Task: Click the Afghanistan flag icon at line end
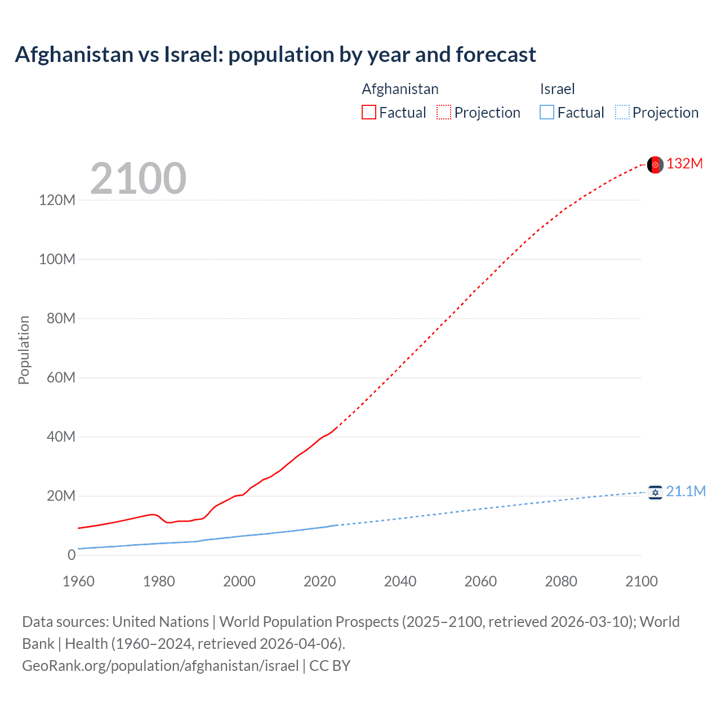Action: (655, 164)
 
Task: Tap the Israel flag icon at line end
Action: (655, 492)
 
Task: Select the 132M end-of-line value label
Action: (684, 164)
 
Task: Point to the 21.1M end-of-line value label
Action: (686, 492)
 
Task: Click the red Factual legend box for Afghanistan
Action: (368, 112)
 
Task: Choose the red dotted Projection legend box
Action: (444, 112)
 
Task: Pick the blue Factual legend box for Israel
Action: (546, 112)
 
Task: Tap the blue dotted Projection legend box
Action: (622, 112)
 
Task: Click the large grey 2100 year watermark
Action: (138, 179)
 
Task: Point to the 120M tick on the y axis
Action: (57, 200)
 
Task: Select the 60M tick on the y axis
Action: (61, 377)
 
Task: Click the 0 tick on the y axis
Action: (71, 555)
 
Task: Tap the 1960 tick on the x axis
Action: (78, 581)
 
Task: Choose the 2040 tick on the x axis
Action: (400, 581)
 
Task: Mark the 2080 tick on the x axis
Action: (561, 581)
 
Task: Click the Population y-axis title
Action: (24, 350)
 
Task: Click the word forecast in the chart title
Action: (496, 55)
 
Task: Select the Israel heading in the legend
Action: (557, 89)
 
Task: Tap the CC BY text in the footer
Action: (330, 666)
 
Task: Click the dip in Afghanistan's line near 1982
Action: (168, 523)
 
